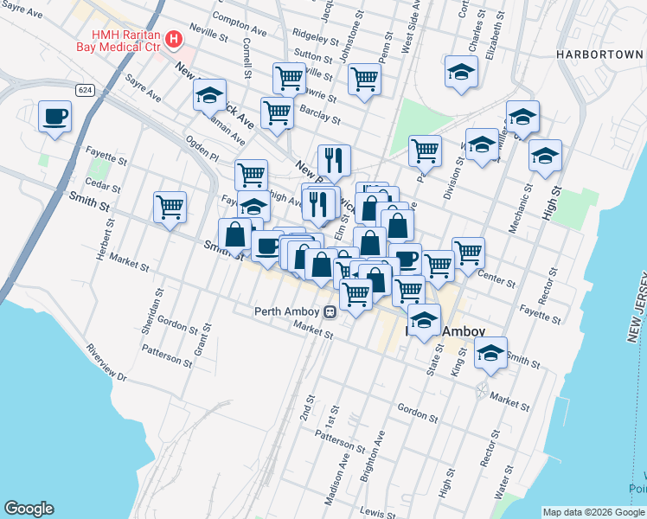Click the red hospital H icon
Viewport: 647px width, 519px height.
(x=174, y=39)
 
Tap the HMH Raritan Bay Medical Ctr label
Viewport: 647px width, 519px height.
(x=119, y=41)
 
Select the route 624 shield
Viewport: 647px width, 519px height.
(x=84, y=90)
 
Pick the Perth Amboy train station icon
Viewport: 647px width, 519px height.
(x=330, y=312)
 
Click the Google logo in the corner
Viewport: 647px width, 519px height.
(x=29, y=509)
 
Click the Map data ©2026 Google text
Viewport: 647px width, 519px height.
(x=593, y=512)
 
